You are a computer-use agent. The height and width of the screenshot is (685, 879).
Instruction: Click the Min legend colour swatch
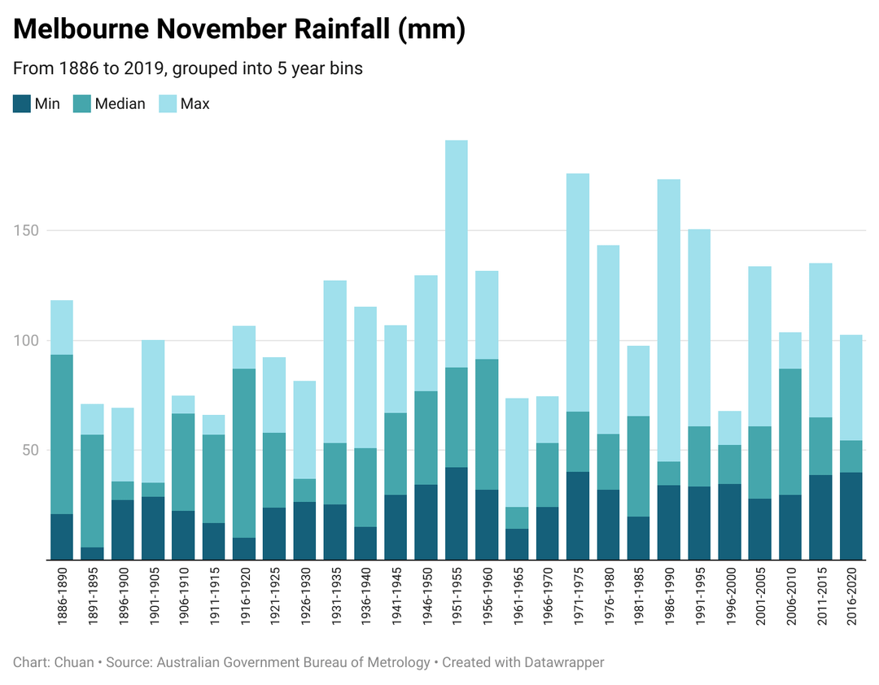tap(22, 103)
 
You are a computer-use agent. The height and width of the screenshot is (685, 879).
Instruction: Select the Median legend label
tap(120, 103)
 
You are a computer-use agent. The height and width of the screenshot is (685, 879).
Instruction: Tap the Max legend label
tap(195, 103)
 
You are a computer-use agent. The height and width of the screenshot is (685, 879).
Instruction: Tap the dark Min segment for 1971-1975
tap(578, 516)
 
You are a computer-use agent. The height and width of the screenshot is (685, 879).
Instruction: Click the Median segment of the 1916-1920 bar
tap(243, 453)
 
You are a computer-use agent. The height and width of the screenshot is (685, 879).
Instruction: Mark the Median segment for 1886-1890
tap(62, 434)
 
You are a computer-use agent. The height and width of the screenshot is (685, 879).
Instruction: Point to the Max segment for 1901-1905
tap(153, 411)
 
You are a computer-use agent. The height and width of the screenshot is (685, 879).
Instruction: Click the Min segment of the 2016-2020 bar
tap(851, 516)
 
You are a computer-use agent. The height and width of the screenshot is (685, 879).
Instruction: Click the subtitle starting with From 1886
tap(188, 68)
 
